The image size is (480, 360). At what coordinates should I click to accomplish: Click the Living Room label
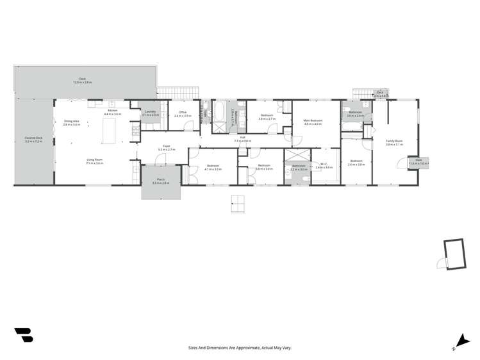coord(94,161)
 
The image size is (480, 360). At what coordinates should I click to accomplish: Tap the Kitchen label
coord(112,111)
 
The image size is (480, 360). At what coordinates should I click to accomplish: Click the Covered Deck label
coord(33,140)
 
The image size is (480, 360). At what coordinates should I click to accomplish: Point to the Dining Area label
coord(71,122)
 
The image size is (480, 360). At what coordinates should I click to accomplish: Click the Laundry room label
coord(150,113)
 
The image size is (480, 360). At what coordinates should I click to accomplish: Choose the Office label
coord(182,114)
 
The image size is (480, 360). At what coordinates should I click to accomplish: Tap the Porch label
coord(160,181)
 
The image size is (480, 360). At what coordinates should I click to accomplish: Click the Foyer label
coord(166,147)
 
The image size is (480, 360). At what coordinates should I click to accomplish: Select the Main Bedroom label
coord(313,122)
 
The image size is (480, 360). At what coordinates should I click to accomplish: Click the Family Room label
coord(394,142)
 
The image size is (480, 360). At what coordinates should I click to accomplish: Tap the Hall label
coord(243,138)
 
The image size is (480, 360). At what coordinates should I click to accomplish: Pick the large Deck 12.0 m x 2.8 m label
coord(82,81)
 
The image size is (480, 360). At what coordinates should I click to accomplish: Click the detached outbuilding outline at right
coord(453,252)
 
